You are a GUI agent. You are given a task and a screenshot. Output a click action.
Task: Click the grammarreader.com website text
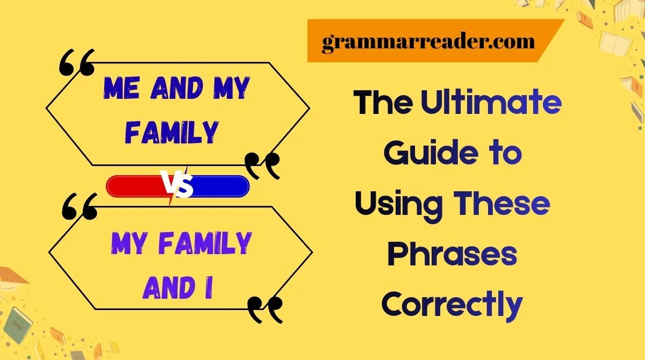click(428, 42)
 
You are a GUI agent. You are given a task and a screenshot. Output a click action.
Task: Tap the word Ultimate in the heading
click(491, 102)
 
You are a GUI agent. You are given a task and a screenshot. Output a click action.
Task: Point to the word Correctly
click(452, 306)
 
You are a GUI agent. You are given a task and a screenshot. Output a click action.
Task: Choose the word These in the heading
click(502, 204)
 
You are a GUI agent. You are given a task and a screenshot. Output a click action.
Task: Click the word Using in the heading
click(399, 206)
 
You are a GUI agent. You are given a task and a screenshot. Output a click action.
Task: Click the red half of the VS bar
click(136, 186)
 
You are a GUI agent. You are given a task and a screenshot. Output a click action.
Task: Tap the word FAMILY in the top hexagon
click(171, 132)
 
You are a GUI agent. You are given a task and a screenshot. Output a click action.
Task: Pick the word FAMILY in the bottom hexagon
click(205, 243)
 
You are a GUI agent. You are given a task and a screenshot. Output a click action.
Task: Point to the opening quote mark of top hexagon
click(76, 62)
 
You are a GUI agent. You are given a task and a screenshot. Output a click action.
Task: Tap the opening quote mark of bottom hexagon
click(80, 207)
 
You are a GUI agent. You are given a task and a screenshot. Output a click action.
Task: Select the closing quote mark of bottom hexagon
click(265, 310)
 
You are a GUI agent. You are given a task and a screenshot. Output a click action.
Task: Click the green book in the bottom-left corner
click(18, 325)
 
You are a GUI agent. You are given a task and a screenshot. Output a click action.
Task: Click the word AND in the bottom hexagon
click(168, 288)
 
